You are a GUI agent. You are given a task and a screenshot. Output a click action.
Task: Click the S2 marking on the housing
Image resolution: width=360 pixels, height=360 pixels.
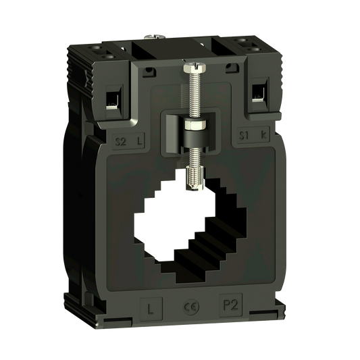(x=120, y=141)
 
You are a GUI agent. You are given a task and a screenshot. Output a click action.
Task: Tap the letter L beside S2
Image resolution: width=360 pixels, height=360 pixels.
(x=139, y=141)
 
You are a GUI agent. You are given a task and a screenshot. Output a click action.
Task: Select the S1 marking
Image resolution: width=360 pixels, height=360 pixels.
(x=244, y=135)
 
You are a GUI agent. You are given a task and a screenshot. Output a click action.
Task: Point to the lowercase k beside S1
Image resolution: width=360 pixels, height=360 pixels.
(x=263, y=134)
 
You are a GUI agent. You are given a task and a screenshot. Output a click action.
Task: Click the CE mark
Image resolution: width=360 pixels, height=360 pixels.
(x=191, y=307)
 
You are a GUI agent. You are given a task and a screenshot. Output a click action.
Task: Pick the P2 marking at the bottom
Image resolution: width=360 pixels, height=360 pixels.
(x=230, y=305)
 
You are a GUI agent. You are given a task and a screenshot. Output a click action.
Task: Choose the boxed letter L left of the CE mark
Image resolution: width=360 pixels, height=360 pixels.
(x=151, y=309)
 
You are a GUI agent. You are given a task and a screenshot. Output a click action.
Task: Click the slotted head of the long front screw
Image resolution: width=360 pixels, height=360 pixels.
(x=195, y=66)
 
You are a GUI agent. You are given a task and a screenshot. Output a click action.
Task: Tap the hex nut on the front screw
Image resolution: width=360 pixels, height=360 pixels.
(x=195, y=125)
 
